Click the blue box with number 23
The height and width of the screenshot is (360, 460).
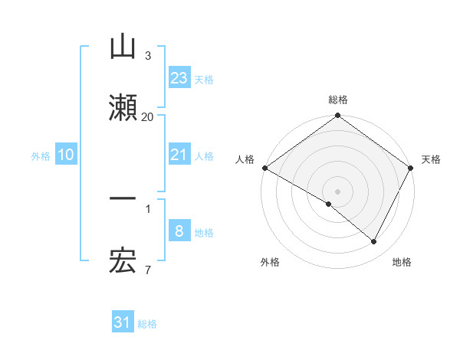pyautogui.click(x=179, y=78)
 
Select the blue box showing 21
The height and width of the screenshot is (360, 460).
pyautogui.click(x=179, y=155)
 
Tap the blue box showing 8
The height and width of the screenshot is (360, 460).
pyautogui.click(x=179, y=231)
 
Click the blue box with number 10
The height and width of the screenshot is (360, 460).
pyautogui.click(x=66, y=155)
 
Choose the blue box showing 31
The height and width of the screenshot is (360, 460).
pyautogui.click(x=123, y=322)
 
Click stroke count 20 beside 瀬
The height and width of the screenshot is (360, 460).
pyautogui.click(x=147, y=116)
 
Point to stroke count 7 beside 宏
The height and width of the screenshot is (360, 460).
pyautogui.click(x=147, y=270)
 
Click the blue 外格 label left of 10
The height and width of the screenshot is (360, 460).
pyautogui.click(x=41, y=155)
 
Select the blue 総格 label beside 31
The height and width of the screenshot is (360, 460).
pyautogui.click(x=147, y=323)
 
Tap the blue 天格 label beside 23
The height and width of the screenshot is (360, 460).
pyautogui.click(x=204, y=79)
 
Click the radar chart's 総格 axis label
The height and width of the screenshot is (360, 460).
pyautogui.click(x=338, y=100)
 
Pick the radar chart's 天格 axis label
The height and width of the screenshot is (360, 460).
pyautogui.click(x=432, y=159)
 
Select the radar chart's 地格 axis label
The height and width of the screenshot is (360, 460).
pyautogui.click(x=402, y=262)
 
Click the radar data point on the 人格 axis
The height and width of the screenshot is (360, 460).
pyautogui.click(x=264, y=168)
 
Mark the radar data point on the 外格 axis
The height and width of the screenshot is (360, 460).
pyautogui.click(x=329, y=204)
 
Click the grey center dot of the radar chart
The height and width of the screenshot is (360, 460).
pyautogui.click(x=338, y=191)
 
